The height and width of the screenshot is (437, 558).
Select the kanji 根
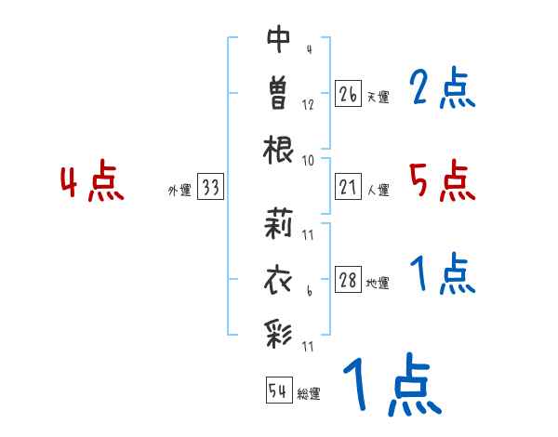pos(279,150)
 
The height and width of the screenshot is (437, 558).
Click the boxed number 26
pos(348,94)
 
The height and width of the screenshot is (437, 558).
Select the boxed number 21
pos(348,188)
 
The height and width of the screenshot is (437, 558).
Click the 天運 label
pos(378,97)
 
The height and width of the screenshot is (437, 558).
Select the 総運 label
pos(309,393)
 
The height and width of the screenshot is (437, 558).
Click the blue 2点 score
pos(442,89)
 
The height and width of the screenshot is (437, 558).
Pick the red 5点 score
pos(442,180)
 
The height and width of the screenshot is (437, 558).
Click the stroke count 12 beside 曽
pos(308,105)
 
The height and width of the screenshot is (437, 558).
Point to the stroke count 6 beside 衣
pos(308,292)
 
